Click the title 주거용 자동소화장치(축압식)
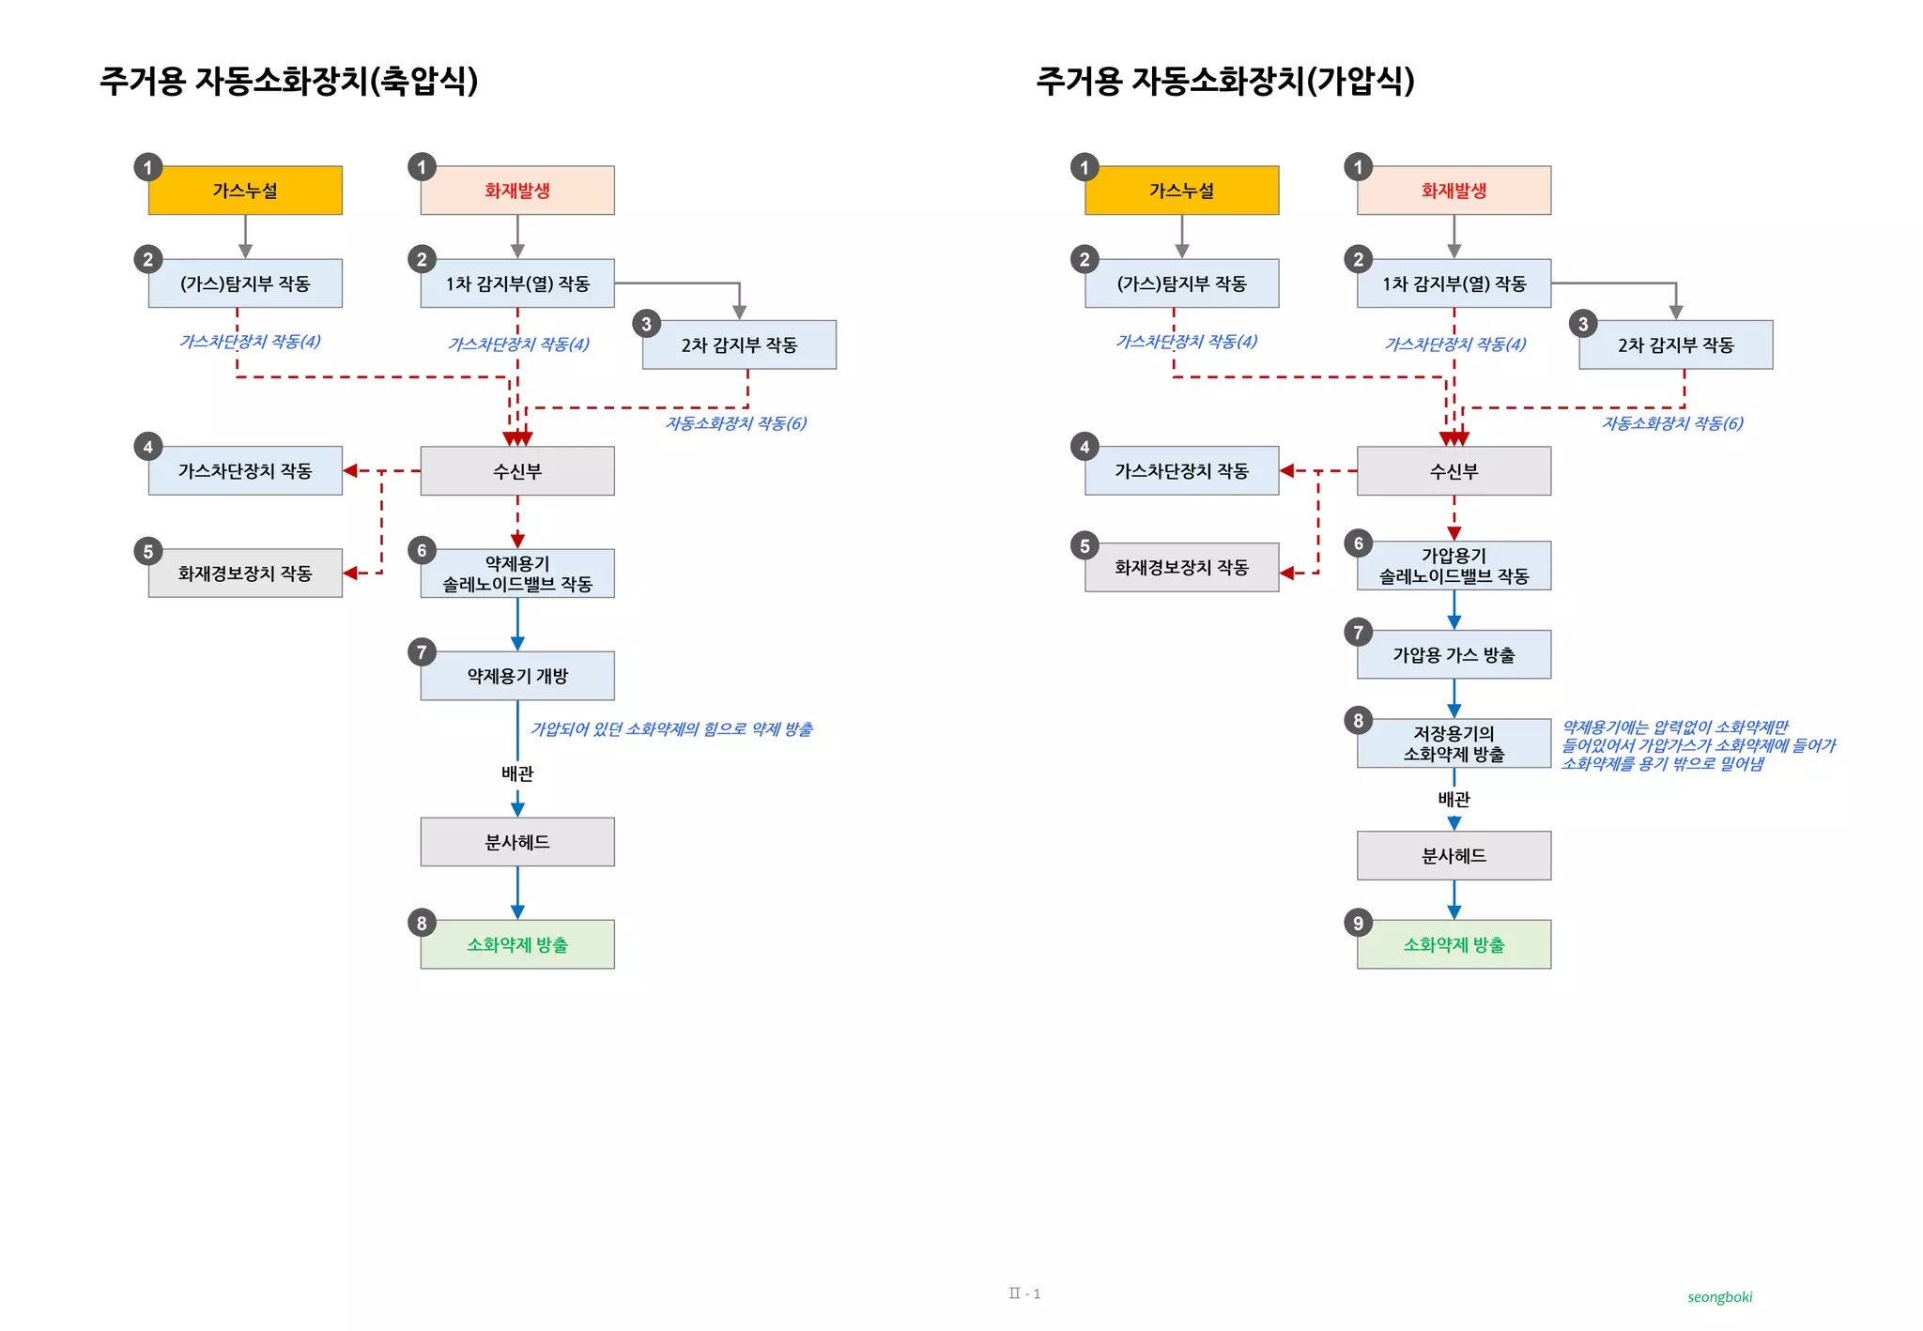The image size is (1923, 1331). click(x=289, y=81)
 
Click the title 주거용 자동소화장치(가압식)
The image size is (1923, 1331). click(x=1225, y=81)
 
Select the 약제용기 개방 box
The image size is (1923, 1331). click(x=517, y=676)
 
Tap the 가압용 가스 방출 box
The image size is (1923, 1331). click(x=1454, y=655)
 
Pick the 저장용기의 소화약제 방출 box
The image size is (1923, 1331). click(x=1454, y=743)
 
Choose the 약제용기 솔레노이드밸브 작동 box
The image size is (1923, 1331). click(x=517, y=574)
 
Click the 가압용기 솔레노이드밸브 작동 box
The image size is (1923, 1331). click(x=1454, y=566)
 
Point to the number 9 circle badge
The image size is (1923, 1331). click(x=1358, y=923)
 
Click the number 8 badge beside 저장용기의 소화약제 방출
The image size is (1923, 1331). click(x=1358, y=720)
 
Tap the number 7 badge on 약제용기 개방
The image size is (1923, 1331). click(x=422, y=652)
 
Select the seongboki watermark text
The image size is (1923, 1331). click(x=1719, y=1297)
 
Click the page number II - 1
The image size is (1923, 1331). click(x=1024, y=1293)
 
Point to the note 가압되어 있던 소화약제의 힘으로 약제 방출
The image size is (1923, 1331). click(x=671, y=729)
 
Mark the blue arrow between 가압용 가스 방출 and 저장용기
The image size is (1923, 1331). click(x=1454, y=698)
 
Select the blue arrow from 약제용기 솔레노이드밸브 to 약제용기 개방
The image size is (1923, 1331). click(x=517, y=624)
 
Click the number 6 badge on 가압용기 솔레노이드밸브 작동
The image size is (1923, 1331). click(x=1358, y=543)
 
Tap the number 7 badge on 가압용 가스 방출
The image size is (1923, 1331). click(x=1358, y=633)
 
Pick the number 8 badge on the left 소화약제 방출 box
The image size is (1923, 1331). click(x=422, y=923)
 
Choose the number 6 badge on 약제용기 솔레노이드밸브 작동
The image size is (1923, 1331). click(x=422, y=551)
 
